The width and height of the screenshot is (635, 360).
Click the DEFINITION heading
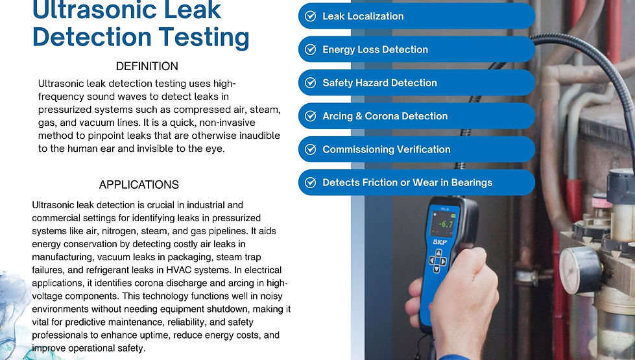[147, 66]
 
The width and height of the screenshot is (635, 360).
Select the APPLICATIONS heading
[139, 185]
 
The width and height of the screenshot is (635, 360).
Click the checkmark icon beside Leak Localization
[311, 16]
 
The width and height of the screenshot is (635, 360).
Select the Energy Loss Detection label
[375, 49]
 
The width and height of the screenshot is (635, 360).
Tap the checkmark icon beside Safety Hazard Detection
[311, 83]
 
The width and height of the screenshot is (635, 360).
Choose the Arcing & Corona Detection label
[385, 116]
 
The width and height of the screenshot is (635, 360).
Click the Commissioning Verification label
[386, 149]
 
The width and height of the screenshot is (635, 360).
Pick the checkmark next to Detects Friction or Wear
[311, 183]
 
